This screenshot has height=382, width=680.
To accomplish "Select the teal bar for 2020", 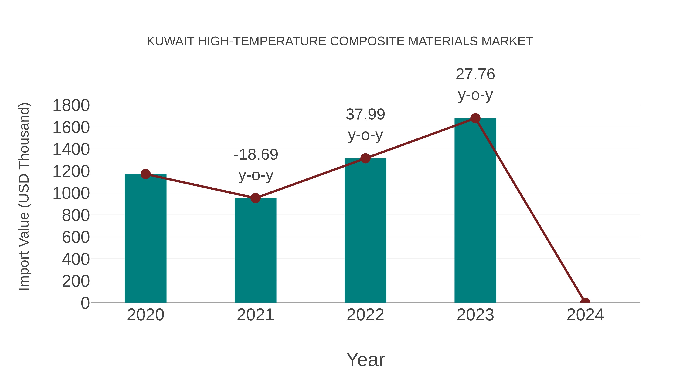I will (145, 239).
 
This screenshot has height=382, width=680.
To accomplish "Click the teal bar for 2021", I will (255, 251).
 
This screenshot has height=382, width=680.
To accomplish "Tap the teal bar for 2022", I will (365, 231).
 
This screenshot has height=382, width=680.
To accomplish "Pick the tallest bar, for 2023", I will (475, 211).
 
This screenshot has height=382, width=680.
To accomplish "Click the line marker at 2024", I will (585, 302).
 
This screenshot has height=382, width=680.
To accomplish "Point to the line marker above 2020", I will (145, 174).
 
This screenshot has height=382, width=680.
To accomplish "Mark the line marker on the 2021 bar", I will (255, 198).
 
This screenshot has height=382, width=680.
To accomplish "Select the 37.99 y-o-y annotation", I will (365, 125).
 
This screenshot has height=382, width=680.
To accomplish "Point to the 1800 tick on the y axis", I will (71, 105).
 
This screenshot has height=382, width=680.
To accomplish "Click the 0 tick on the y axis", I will (85, 303).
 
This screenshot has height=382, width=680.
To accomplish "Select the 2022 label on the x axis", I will (365, 315).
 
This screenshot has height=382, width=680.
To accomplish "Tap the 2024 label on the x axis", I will (585, 315).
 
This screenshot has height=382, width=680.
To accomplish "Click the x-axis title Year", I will (365, 360).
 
